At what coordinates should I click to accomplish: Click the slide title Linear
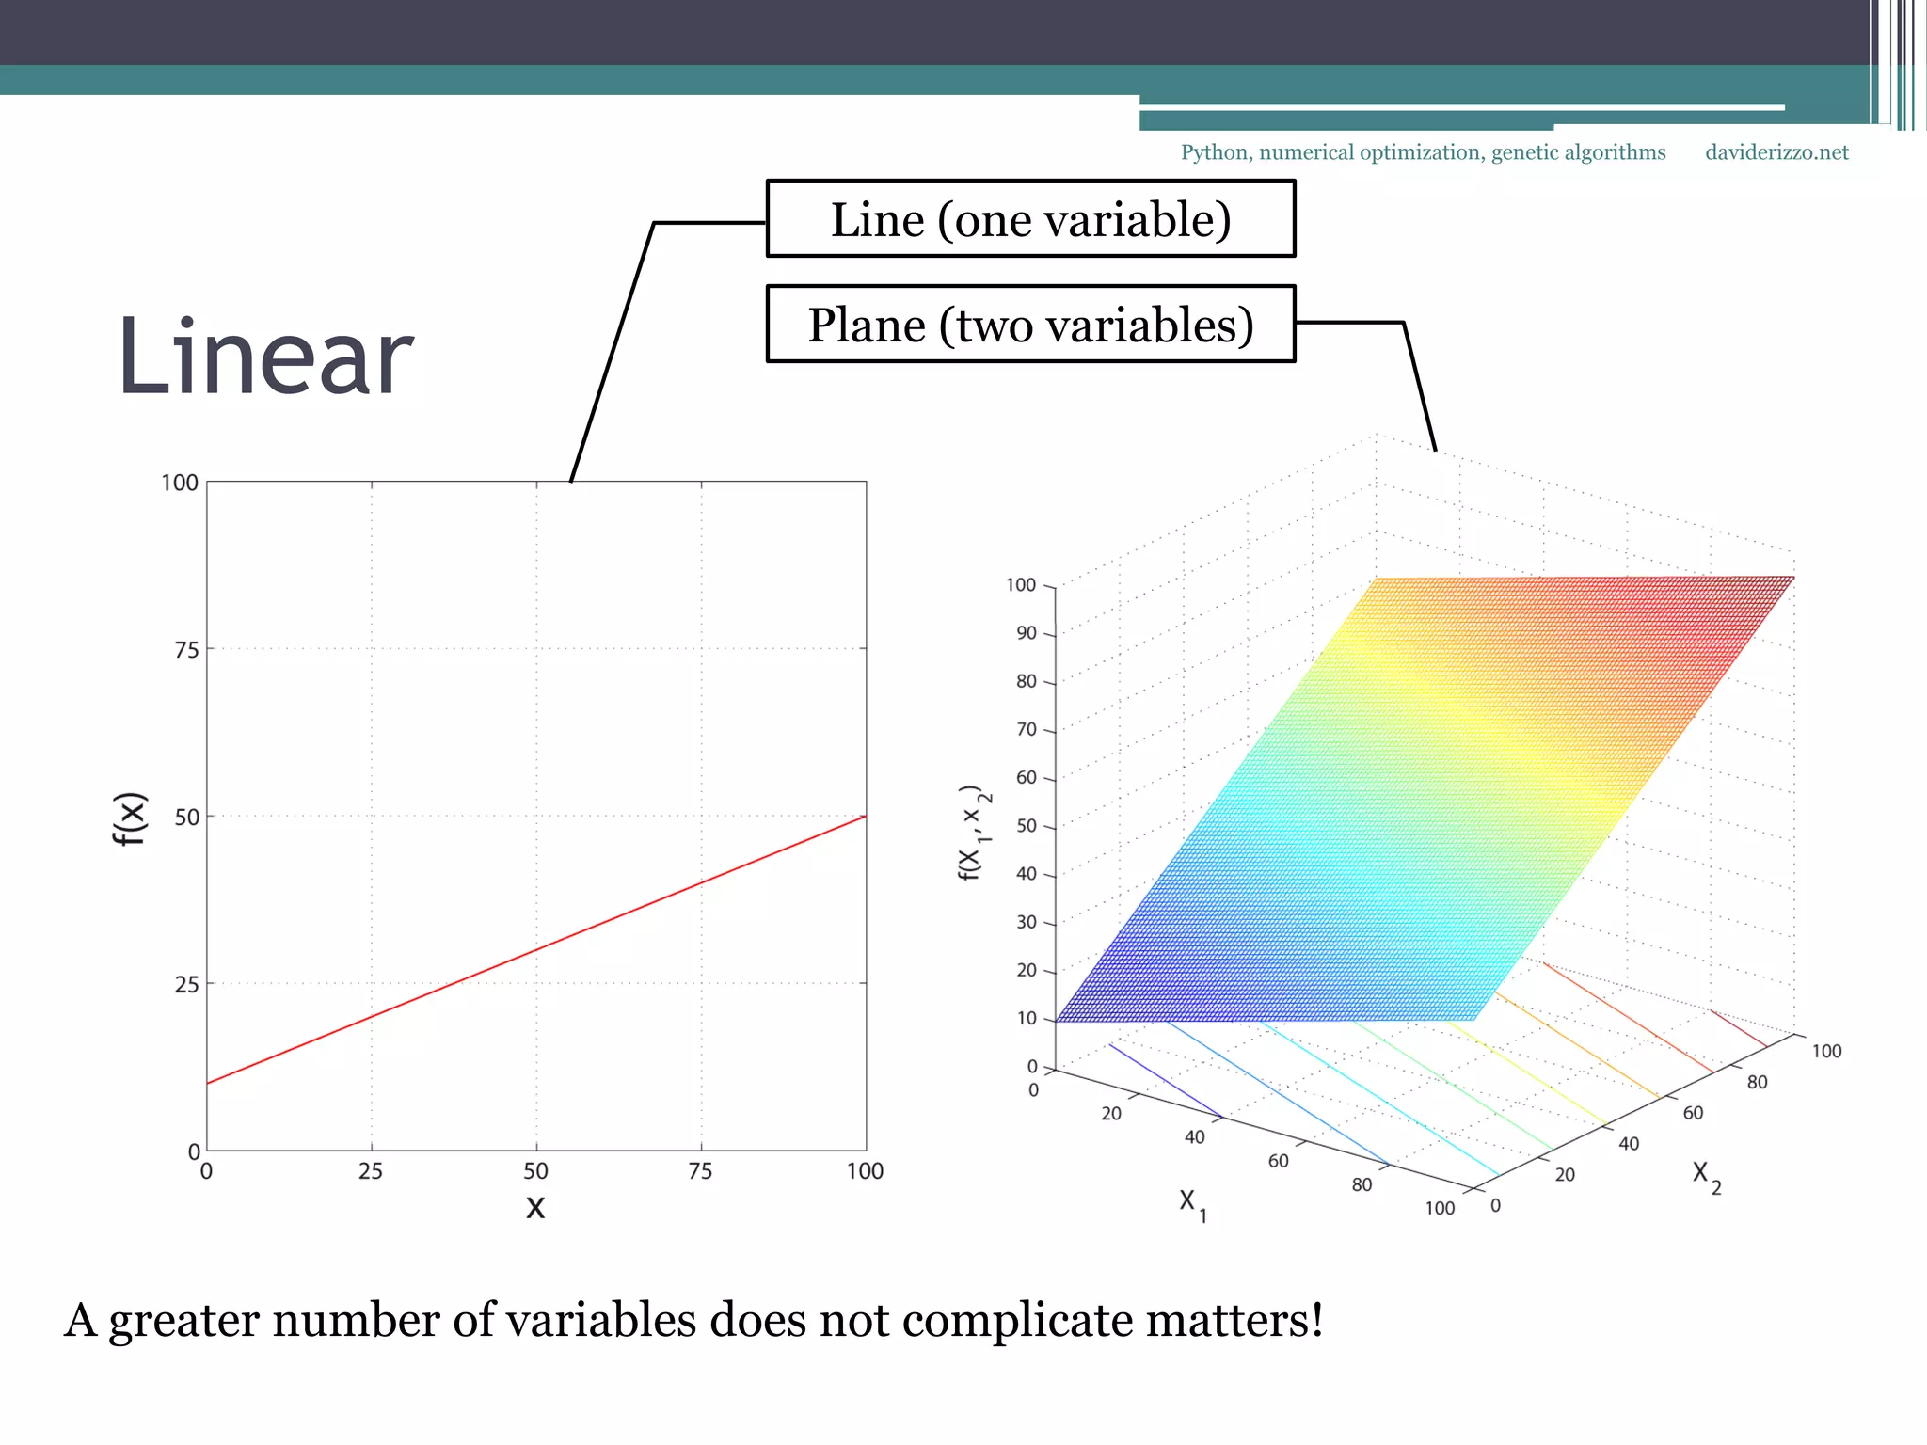click(x=265, y=357)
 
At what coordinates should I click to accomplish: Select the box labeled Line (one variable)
click(x=1030, y=219)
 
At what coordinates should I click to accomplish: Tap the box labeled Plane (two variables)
click(x=1030, y=325)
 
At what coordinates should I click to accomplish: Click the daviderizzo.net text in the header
click(x=1776, y=152)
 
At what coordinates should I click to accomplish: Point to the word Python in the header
click(x=1215, y=152)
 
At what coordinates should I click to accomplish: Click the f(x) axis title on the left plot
click(x=130, y=818)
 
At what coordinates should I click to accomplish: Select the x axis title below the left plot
click(x=535, y=1207)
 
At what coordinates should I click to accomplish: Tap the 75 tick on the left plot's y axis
click(x=186, y=650)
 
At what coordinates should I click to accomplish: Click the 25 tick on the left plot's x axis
click(x=371, y=1171)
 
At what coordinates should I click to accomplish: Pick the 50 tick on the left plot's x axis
click(x=535, y=1171)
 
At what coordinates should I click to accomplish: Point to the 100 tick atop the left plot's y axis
click(x=180, y=484)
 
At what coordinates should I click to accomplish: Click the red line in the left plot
click(x=536, y=949)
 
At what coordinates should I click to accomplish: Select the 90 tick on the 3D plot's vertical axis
click(x=1026, y=633)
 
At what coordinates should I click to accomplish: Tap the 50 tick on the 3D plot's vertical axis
click(x=1026, y=826)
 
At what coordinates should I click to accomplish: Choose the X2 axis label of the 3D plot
click(x=1706, y=1175)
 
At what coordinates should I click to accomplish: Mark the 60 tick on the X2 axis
click(x=1693, y=1113)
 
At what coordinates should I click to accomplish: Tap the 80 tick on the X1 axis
click(x=1362, y=1184)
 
